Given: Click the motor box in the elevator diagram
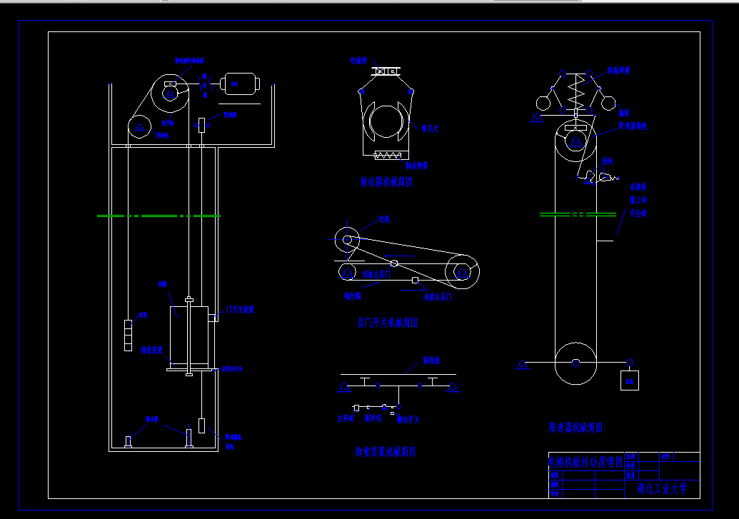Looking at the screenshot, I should [x=241, y=84].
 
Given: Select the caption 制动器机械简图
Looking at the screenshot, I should [x=386, y=182].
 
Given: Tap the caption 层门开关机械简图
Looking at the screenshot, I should [x=386, y=323].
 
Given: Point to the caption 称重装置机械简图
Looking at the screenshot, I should [x=385, y=452].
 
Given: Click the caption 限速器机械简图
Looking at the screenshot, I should [x=575, y=428].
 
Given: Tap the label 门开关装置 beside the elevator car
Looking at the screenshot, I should [x=240, y=310].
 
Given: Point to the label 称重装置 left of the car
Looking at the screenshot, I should [x=152, y=350].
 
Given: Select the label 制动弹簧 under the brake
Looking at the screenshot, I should [x=416, y=166].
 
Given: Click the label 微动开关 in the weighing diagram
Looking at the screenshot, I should [x=408, y=420].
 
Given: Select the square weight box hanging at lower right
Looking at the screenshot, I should [x=630, y=380].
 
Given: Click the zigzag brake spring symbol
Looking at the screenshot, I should [x=390, y=155].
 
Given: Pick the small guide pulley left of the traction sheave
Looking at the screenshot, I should [x=140, y=127].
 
